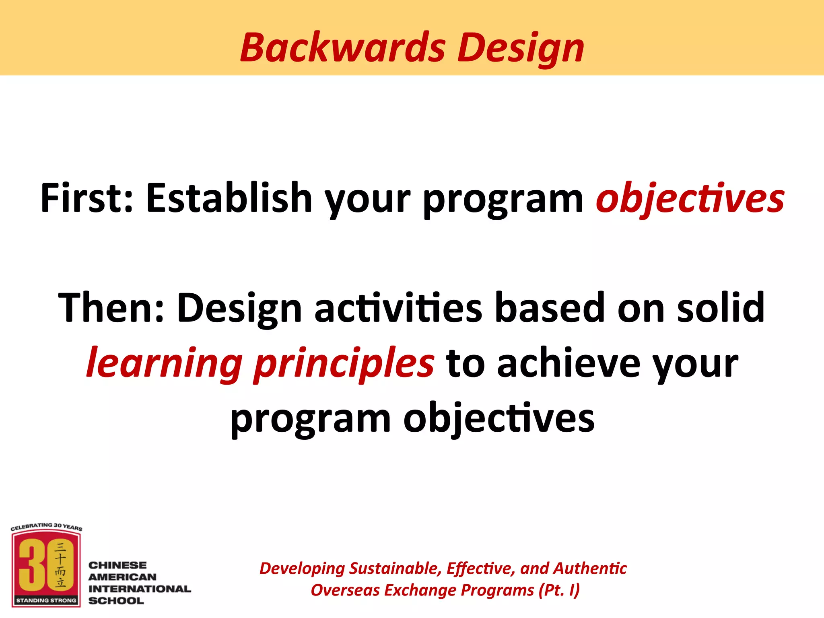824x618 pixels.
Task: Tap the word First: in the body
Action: click(87, 198)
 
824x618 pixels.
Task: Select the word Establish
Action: click(229, 198)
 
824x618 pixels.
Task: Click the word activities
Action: click(398, 308)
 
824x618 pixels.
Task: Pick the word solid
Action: click(721, 308)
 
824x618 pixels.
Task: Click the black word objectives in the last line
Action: click(499, 419)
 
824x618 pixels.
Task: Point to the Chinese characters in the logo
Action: click(60, 565)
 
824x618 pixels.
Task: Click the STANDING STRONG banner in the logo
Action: click(46, 600)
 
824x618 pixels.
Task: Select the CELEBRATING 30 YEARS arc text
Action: click(46, 526)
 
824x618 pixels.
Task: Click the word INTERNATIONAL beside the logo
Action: click(139, 589)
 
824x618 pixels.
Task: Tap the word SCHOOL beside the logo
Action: click(116, 601)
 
